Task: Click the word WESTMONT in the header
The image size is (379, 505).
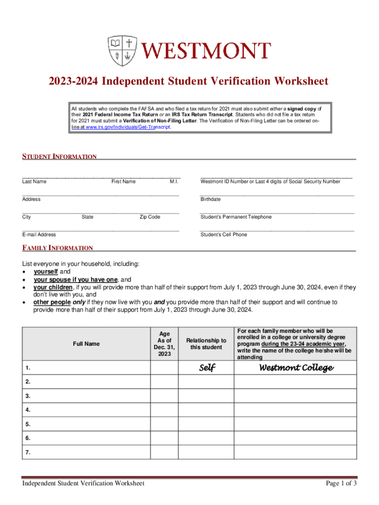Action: (207, 51)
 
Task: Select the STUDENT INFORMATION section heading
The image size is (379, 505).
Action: (59, 157)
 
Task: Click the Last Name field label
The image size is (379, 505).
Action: (34, 181)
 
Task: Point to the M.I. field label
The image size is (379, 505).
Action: (174, 181)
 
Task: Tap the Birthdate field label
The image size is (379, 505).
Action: (211, 199)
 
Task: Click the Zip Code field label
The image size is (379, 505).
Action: (150, 217)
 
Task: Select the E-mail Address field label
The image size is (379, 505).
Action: (39, 235)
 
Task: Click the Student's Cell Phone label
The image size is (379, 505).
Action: (223, 235)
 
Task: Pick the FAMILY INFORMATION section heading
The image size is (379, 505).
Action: (57, 248)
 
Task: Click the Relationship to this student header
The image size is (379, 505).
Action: (206, 344)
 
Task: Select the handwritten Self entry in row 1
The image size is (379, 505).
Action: (207, 368)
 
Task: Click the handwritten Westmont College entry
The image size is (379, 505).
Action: (296, 368)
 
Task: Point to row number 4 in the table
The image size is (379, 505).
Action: (28, 410)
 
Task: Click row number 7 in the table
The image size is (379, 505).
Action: (28, 451)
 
